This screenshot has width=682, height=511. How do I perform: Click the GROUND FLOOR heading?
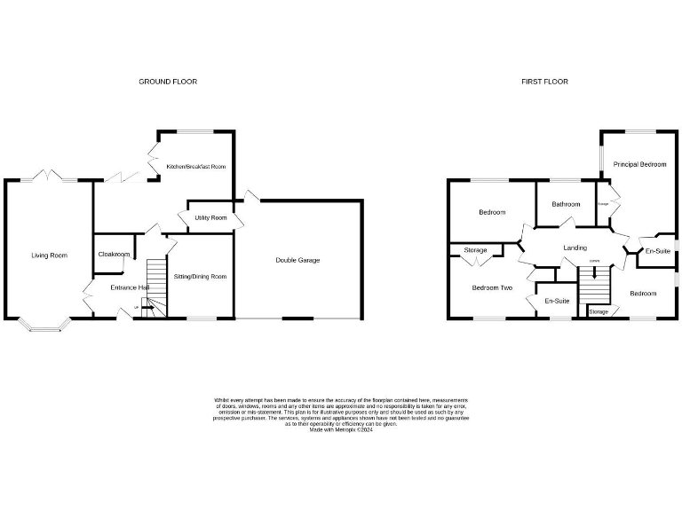point(168,82)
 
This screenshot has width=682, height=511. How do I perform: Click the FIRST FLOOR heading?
point(544,82)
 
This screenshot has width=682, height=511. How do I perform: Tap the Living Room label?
point(49,255)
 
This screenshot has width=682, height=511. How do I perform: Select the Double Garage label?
point(297,260)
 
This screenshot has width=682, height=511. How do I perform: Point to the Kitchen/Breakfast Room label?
point(196,167)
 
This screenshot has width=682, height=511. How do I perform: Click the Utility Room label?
point(210,217)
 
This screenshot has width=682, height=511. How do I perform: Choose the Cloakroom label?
point(114,255)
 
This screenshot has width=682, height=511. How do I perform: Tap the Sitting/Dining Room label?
point(200,277)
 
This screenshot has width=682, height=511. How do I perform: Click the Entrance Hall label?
point(129,288)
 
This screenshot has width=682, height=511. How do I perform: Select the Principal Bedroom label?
point(640,164)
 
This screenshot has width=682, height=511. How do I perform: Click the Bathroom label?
point(566,204)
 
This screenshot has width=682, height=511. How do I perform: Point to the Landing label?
point(575,248)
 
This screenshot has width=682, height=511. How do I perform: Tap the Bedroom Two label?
point(492,287)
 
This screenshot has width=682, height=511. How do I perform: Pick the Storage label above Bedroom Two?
point(475,251)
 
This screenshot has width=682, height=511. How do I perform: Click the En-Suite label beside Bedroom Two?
point(557,302)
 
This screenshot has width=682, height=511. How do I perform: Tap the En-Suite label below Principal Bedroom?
point(657,252)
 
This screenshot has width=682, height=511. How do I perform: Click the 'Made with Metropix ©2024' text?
point(341,430)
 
